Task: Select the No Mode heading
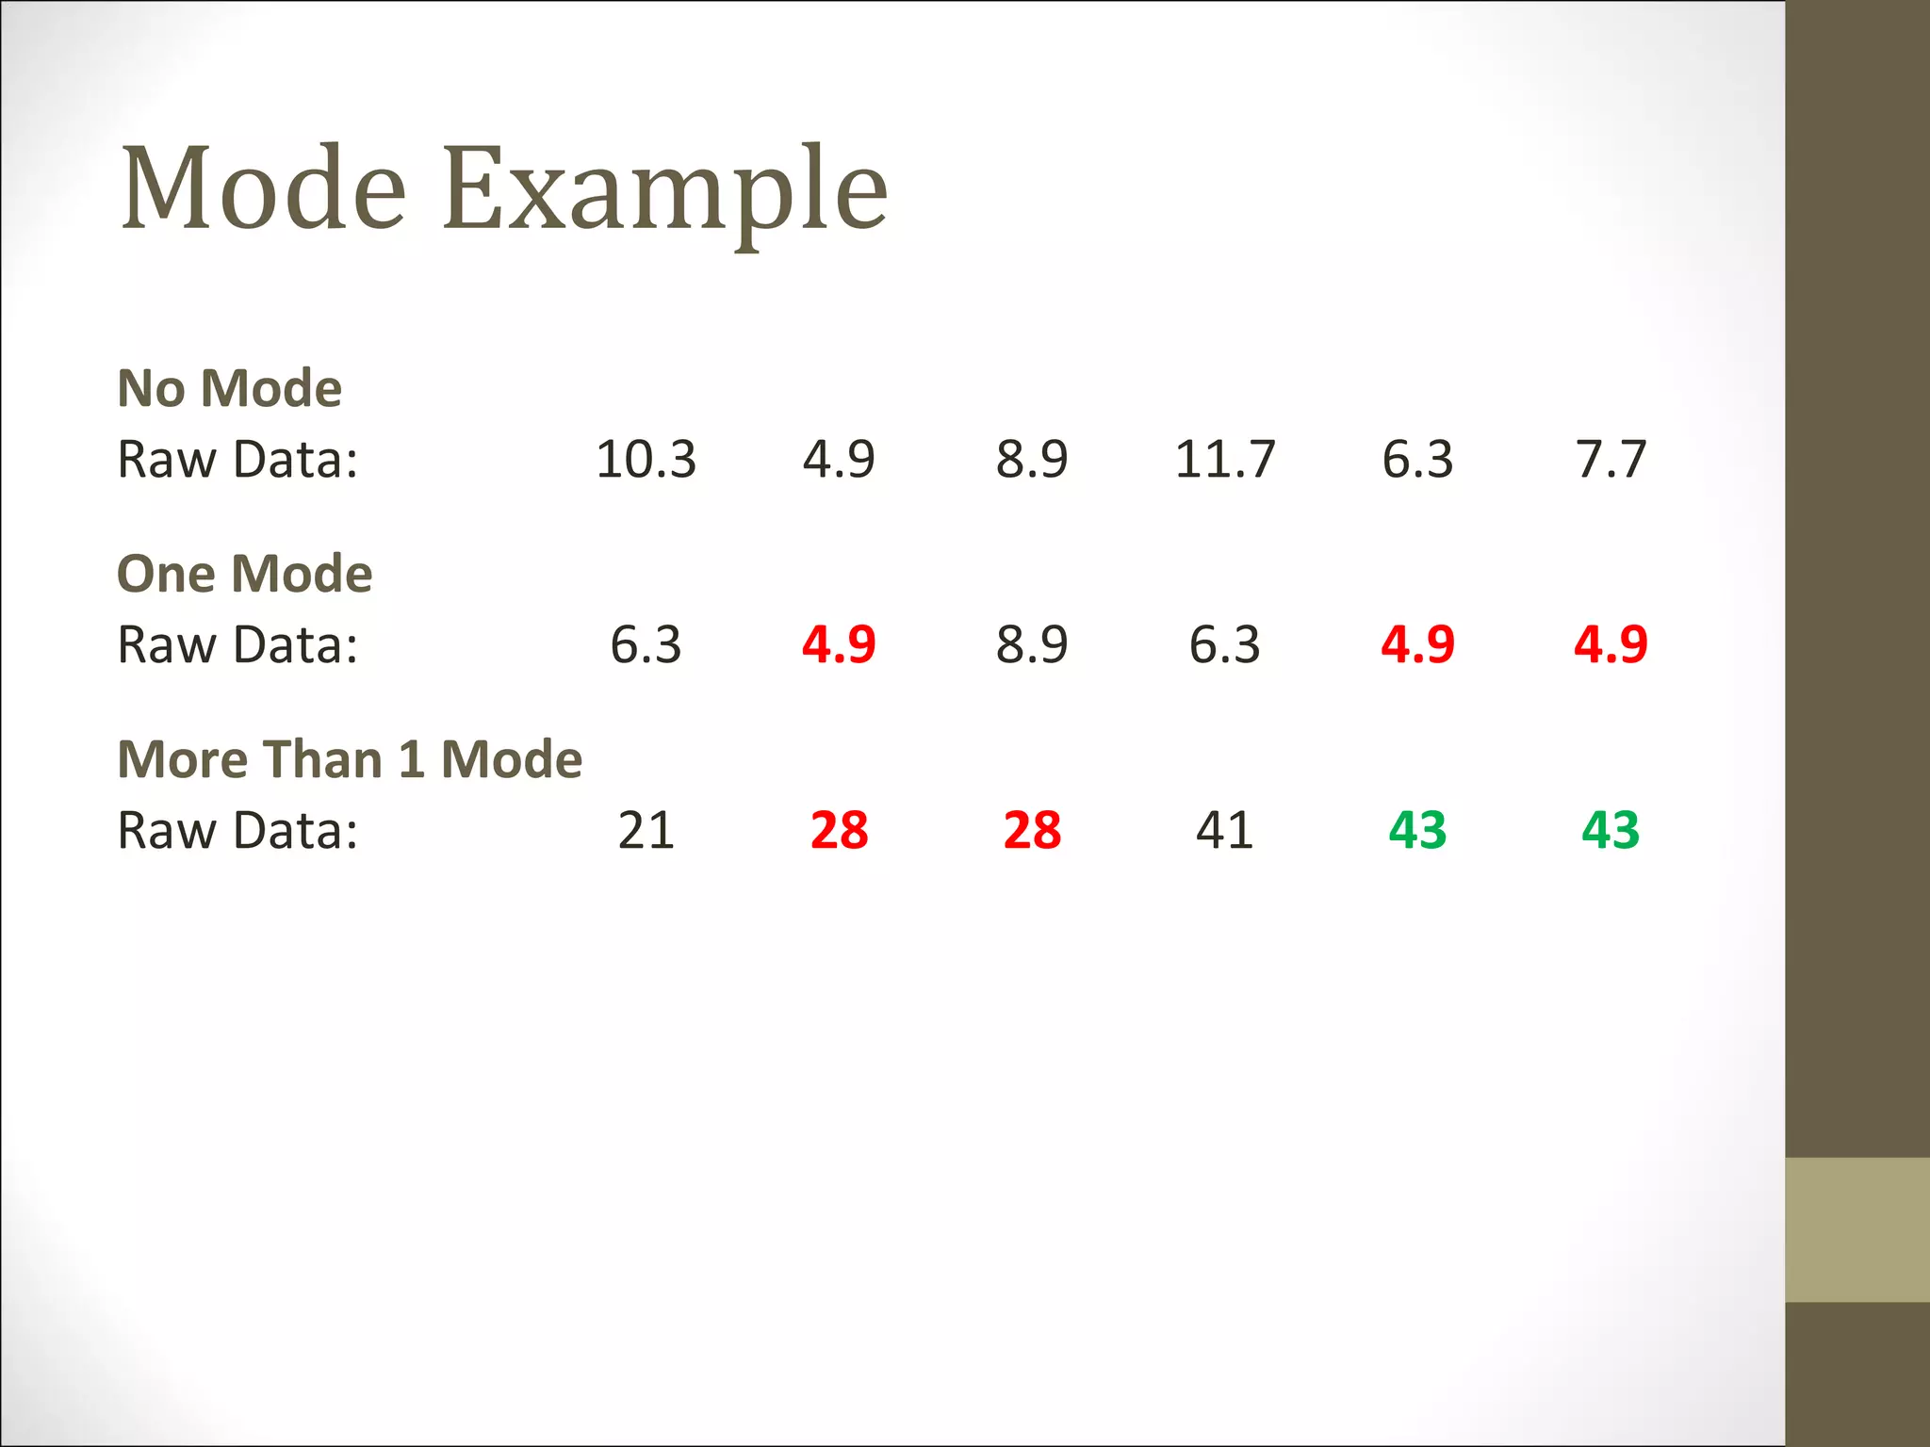pyautogui.click(x=229, y=388)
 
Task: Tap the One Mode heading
pyautogui.click(x=244, y=574)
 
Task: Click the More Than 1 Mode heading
pyautogui.click(x=350, y=759)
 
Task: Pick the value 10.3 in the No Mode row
pyautogui.click(x=646, y=460)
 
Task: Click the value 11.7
pyautogui.click(x=1224, y=460)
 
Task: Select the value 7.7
pyautogui.click(x=1611, y=460)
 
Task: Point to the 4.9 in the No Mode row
pyautogui.click(x=839, y=460)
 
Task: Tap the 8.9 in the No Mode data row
pyautogui.click(x=1032, y=460)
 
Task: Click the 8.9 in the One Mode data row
pyautogui.click(x=1032, y=645)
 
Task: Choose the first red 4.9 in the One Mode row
pyautogui.click(x=839, y=645)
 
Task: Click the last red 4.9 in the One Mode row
pyautogui.click(x=1611, y=645)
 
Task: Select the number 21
pyautogui.click(x=646, y=831)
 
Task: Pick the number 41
pyautogui.click(x=1224, y=831)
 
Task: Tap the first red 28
pyautogui.click(x=839, y=831)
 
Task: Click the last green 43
pyautogui.click(x=1611, y=831)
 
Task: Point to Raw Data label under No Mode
pyautogui.click(x=237, y=460)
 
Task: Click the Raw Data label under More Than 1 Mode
pyautogui.click(x=237, y=831)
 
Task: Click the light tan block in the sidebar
pyautogui.click(x=1856, y=1229)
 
